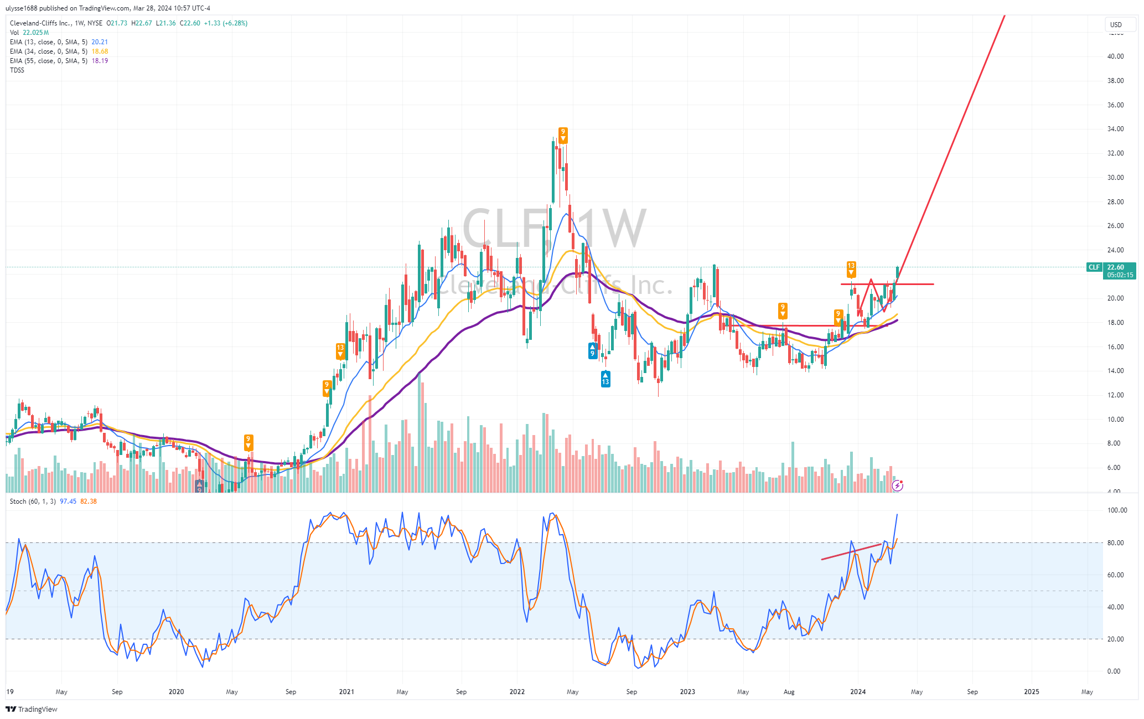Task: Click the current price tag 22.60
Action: click(x=1115, y=267)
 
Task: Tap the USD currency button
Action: click(x=1116, y=24)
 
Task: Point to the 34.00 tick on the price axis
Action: click(x=1115, y=129)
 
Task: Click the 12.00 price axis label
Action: click(x=1115, y=395)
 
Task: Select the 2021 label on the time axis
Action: click(x=346, y=692)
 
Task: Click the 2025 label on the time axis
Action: click(x=1031, y=692)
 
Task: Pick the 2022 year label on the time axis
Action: click(x=517, y=692)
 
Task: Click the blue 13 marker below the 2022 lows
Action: click(x=605, y=379)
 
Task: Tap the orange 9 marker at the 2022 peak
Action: click(x=563, y=135)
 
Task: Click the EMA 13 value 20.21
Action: click(x=100, y=42)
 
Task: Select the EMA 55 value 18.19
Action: click(x=100, y=61)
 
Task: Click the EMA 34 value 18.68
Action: click(x=100, y=51)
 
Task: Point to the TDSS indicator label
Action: click(x=17, y=70)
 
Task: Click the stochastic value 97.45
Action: click(x=68, y=501)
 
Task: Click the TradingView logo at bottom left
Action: click(x=32, y=709)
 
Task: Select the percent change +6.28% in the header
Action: click(x=235, y=23)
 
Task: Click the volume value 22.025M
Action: click(x=35, y=33)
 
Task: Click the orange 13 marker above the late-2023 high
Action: click(x=851, y=268)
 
